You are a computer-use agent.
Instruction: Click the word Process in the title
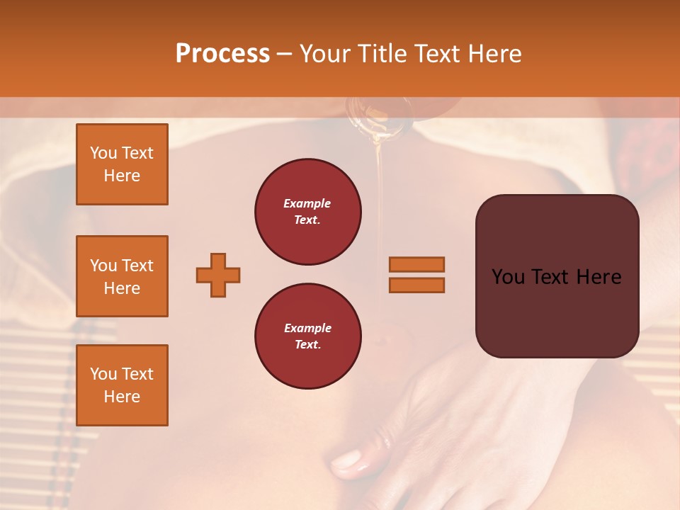pyautogui.click(x=222, y=54)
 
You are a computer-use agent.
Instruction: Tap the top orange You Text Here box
pyautogui.click(x=122, y=164)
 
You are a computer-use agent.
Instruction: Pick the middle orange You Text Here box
pyautogui.click(x=122, y=276)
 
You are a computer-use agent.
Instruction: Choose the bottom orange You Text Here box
pyautogui.click(x=122, y=385)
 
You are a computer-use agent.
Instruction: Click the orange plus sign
pyautogui.click(x=218, y=275)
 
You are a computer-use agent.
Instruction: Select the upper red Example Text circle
pyautogui.click(x=307, y=212)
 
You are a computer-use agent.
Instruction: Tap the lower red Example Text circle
pyautogui.click(x=307, y=336)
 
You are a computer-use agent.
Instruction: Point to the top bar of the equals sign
pyautogui.click(x=416, y=264)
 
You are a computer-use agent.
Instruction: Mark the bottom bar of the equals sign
pyautogui.click(x=416, y=285)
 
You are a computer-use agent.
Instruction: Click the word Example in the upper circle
pyautogui.click(x=307, y=203)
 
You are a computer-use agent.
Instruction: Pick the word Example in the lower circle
pyautogui.click(x=307, y=328)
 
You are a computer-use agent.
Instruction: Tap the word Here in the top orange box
pyautogui.click(x=122, y=176)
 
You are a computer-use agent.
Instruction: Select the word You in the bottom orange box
pyautogui.click(x=103, y=374)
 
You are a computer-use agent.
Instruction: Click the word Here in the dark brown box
pyautogui.click(x=599, y=277)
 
